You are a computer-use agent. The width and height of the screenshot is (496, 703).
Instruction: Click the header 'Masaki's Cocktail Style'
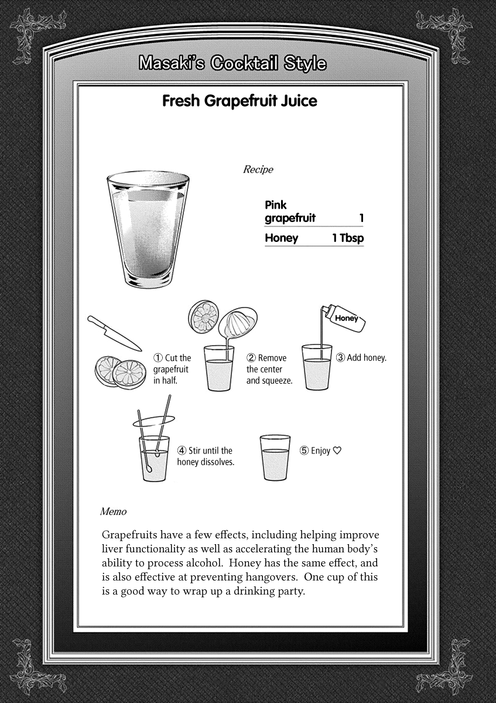232,63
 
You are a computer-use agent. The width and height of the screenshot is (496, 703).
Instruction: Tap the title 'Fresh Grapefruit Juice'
240,101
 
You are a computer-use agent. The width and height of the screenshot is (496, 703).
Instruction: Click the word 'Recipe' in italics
258,170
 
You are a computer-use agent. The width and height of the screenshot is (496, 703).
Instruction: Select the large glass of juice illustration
148,230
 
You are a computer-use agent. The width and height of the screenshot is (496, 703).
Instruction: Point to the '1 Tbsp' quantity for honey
348,238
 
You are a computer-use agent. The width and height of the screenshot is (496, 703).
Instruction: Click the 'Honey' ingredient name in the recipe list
281,238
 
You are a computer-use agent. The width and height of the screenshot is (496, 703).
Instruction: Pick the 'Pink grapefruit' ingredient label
290,211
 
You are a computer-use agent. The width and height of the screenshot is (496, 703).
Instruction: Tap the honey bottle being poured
345,316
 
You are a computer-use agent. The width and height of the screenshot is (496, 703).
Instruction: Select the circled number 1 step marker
158,358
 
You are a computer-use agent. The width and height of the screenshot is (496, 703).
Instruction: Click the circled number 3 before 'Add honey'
340,357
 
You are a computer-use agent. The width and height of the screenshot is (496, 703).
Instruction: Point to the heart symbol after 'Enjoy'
337,451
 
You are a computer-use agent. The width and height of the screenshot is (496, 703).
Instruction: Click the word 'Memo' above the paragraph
113,511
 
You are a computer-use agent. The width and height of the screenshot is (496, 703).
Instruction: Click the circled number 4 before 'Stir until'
182,451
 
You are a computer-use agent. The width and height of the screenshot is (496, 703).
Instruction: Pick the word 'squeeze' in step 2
276,381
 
